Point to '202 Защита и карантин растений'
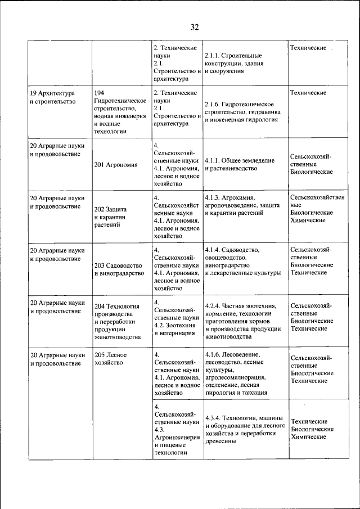[x=112, y=217]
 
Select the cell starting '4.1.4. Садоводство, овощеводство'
[x=242, y=261]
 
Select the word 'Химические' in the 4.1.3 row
[x=308, y=220]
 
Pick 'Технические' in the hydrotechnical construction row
[x=308, y=92]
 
